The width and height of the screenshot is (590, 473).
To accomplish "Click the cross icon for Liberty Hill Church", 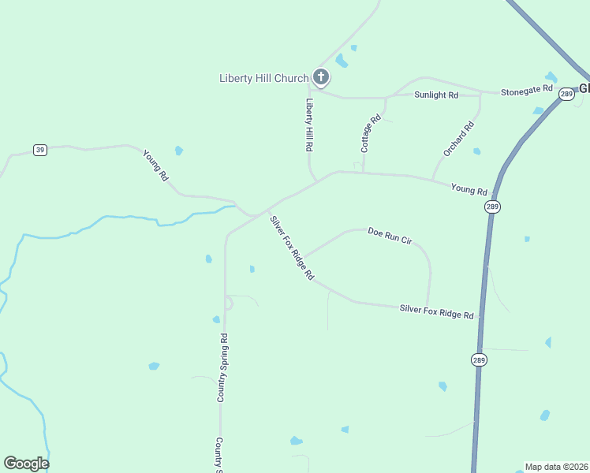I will tap(320, 77).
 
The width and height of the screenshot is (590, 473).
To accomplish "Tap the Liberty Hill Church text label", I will tap(263, 78).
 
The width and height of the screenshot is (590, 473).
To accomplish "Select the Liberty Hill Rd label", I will tap(310, 125).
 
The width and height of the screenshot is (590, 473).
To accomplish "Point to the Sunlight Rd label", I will tap(436, 95).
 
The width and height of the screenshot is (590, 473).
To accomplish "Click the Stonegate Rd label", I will tap(527, 92).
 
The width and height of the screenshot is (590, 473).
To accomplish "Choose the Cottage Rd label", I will tap(371, 133).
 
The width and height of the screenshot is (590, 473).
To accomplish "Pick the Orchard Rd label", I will tap(458, 138).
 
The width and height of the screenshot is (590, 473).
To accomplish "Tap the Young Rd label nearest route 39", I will tap(155, 166).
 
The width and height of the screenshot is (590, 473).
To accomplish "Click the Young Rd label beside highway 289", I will tap(469, 189).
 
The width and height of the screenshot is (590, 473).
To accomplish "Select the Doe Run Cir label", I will tap(390, 236).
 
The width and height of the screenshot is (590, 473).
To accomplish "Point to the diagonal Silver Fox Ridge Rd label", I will tap(292, 248).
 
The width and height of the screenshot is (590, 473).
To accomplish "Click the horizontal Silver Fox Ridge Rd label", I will tap(436, 311).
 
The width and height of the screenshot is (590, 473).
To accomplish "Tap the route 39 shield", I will tap(40, 150).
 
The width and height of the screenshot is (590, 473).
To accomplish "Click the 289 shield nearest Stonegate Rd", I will tap(566, 94).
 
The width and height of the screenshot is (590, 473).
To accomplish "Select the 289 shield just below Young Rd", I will tap(493, 207).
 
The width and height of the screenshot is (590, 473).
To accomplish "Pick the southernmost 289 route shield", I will tap(480, 359).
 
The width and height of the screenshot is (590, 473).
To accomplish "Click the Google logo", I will tap(26, 464).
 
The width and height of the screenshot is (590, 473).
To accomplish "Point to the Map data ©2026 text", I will tap(557, 467).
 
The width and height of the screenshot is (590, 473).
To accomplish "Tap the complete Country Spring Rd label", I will tap(223, 368).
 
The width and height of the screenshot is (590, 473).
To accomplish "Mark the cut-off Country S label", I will tap(219, 454).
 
